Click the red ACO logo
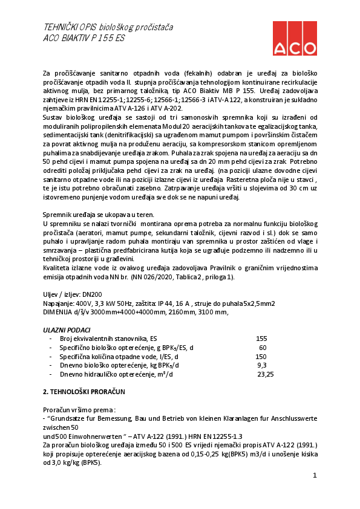click(x=294, y=38)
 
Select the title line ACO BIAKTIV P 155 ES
click(x=84, y=37)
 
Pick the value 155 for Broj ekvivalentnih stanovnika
click(x=261, y=339)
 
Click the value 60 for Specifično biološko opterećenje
click(x=263, y=348)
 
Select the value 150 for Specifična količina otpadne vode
click(x=261, y=357)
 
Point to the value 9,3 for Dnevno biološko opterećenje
click(x=262, y=366)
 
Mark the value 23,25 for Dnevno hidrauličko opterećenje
click(x=266, y=375)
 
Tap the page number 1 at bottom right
click(x=315, y=476)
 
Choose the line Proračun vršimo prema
click(x=79, y=409)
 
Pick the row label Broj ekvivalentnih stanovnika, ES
click(x=108, y=339)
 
